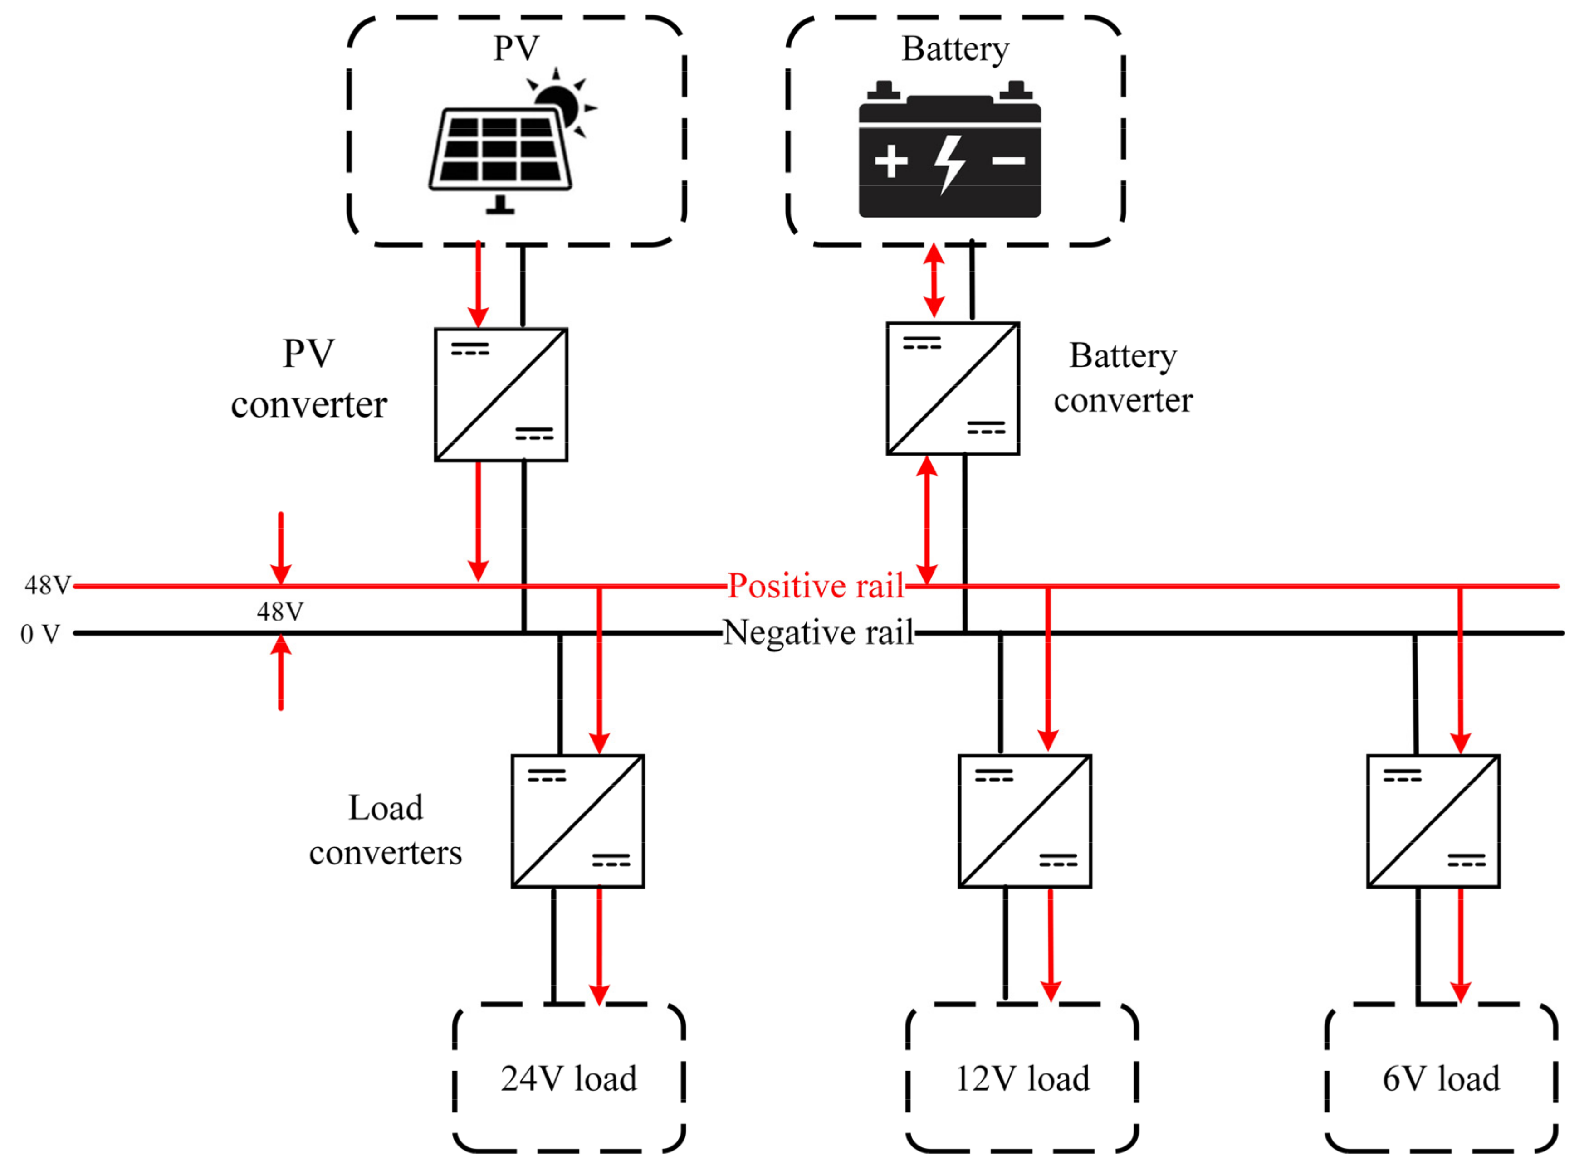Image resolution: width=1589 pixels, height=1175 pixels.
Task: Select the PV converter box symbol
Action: [x=501, y=395]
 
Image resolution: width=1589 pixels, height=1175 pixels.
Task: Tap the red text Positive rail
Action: [x=816, y=586]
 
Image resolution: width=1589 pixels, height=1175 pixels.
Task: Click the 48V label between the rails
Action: [x=280, y=612]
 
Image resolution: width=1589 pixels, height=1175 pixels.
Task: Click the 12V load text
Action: [x=1022, y=1079]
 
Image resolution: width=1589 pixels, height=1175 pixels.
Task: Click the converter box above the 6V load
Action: [x=1433, y=821]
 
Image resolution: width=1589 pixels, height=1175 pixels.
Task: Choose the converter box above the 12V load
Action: [x=1025, y=821]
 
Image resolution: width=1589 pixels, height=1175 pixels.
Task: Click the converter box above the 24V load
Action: [x=578, y=821]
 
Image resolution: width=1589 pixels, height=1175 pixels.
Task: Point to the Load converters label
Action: [x=385, y=830]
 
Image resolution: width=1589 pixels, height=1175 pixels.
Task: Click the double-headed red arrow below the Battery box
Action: [x=934, y=280]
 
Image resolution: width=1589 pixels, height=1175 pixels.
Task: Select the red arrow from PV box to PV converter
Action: [x=478, y=285]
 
